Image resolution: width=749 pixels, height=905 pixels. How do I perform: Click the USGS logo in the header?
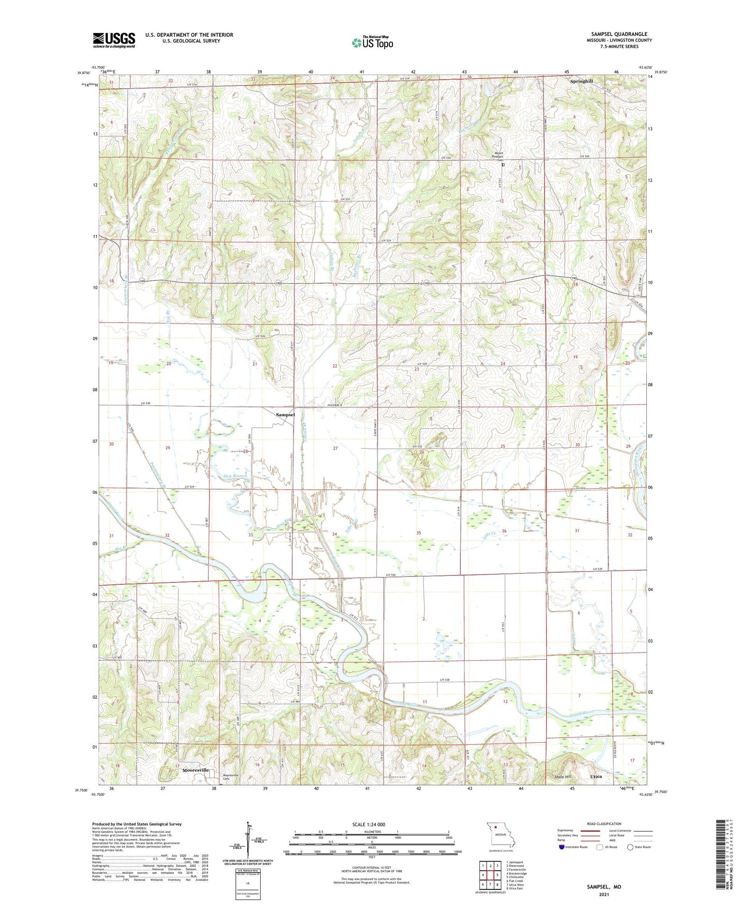coord(114,40)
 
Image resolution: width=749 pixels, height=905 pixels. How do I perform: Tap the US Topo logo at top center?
coord(372,43)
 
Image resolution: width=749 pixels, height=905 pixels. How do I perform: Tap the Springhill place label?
coord(581,81)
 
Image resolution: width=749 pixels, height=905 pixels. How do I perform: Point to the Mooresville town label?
coord(195,770)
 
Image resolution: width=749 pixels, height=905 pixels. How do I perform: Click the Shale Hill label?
coord(563,777)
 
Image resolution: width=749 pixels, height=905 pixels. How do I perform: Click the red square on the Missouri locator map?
coord(496,828)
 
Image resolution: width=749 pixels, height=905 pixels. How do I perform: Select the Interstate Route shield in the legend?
coord(562,847)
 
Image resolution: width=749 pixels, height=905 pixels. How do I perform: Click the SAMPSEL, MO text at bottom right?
coord(604,887)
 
